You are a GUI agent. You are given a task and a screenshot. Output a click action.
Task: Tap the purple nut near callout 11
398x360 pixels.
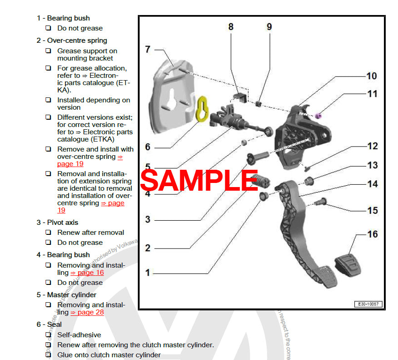(x=319, y=114)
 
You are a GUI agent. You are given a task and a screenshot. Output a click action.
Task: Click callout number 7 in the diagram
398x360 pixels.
(x=147, y=49)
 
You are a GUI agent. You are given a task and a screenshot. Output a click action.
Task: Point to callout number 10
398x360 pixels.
(x=372, y=76)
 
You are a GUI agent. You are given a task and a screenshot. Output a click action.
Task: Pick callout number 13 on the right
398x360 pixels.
(x=373, y=165)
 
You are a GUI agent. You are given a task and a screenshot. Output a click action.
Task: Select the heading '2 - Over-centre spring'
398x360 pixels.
(x=72, y=41)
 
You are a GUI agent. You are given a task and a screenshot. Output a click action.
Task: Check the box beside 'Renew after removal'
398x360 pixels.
(x=48, y=233)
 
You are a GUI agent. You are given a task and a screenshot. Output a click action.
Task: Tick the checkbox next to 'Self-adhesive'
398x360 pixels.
(x=48, y=335)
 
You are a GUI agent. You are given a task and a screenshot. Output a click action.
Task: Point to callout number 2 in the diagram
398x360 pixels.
(x=147, y=248)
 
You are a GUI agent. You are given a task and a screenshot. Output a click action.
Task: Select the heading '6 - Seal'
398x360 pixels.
(x=49, y=325)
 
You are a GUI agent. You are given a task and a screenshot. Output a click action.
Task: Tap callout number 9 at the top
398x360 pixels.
(x=269, y=27)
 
